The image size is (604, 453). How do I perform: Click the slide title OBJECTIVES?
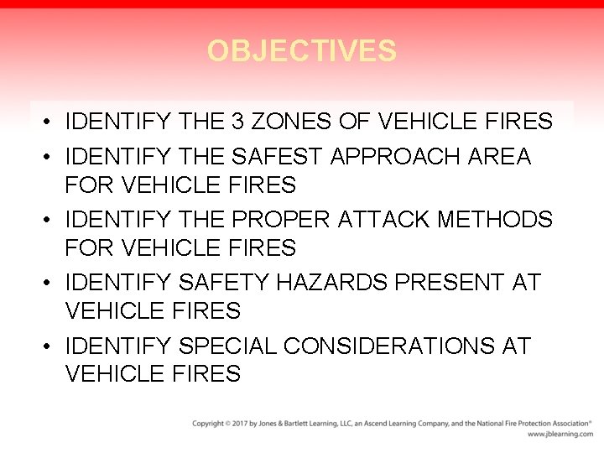302,51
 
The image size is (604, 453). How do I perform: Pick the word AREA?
502,157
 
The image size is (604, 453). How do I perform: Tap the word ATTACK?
388,220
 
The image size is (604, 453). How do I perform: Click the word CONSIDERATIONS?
389,346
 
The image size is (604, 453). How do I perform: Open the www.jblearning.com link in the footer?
560,435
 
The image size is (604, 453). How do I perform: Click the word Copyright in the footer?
207,424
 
